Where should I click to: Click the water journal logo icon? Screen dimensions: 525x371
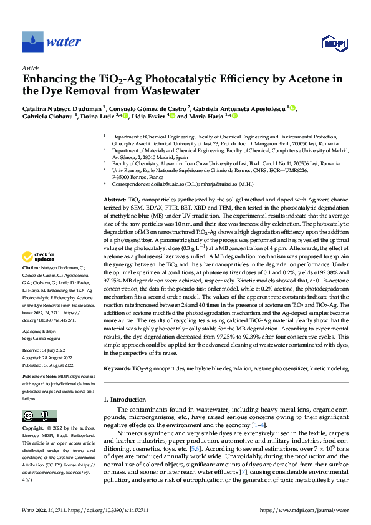coord(33,42)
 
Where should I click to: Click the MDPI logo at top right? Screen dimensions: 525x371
coord(334,42)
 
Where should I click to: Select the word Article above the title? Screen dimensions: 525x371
coord(31,68)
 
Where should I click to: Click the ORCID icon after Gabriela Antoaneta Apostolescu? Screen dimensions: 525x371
coord(292,107)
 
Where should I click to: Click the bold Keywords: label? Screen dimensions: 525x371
coord(117,369)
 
